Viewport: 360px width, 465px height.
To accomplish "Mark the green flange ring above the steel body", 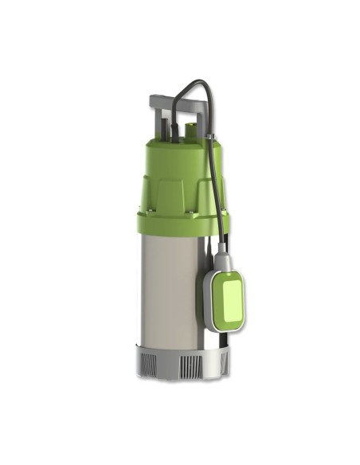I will coord(182,225).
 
